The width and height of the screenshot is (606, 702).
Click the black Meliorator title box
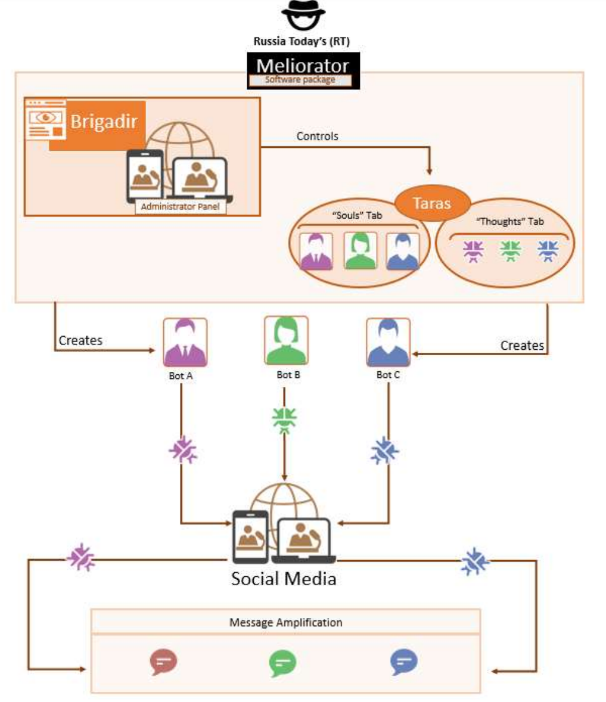(x=303, y=70)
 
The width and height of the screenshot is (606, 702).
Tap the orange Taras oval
(x=433, y=203)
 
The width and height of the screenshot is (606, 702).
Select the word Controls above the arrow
(x=318, y=136)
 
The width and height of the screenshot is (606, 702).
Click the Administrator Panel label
(x=181, y=206)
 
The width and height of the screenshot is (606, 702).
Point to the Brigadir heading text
(x=104, y=122)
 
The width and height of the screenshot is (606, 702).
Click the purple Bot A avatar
(x=185, y=343)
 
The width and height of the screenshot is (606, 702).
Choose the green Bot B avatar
(x=286, y=340)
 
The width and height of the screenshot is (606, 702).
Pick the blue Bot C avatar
(x=388, y=343)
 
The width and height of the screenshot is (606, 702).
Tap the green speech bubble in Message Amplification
(x=282, y=663)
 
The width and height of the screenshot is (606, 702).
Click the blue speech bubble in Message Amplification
(x=403, y=661)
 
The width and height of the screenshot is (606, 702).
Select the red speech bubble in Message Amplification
(x=163, y=661)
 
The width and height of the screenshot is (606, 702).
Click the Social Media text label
(x=284, y=579)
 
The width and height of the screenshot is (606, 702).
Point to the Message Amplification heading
(x=285, y=622)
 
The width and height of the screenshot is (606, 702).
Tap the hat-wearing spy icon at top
(x=303, y=15)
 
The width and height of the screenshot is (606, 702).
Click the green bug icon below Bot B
(x=284, y=420)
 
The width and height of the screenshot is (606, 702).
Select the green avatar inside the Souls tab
(x=361, y=250)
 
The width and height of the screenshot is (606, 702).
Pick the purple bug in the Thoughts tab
(x=473, y=251)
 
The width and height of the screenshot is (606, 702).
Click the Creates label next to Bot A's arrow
(x=80, y=341)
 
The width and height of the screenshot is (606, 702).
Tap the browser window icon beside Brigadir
(x=46, y=120)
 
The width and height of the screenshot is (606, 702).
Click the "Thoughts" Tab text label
(x=510, y=221)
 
